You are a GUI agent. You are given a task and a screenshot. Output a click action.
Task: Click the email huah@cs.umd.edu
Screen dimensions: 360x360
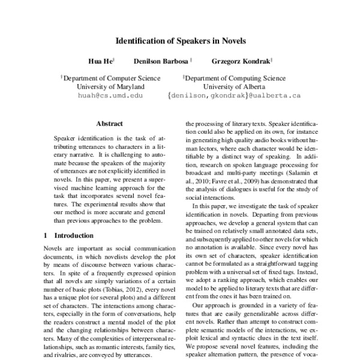click(x=110, y=95)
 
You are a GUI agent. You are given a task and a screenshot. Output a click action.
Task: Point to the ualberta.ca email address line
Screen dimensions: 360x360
click(x=235, y=95)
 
